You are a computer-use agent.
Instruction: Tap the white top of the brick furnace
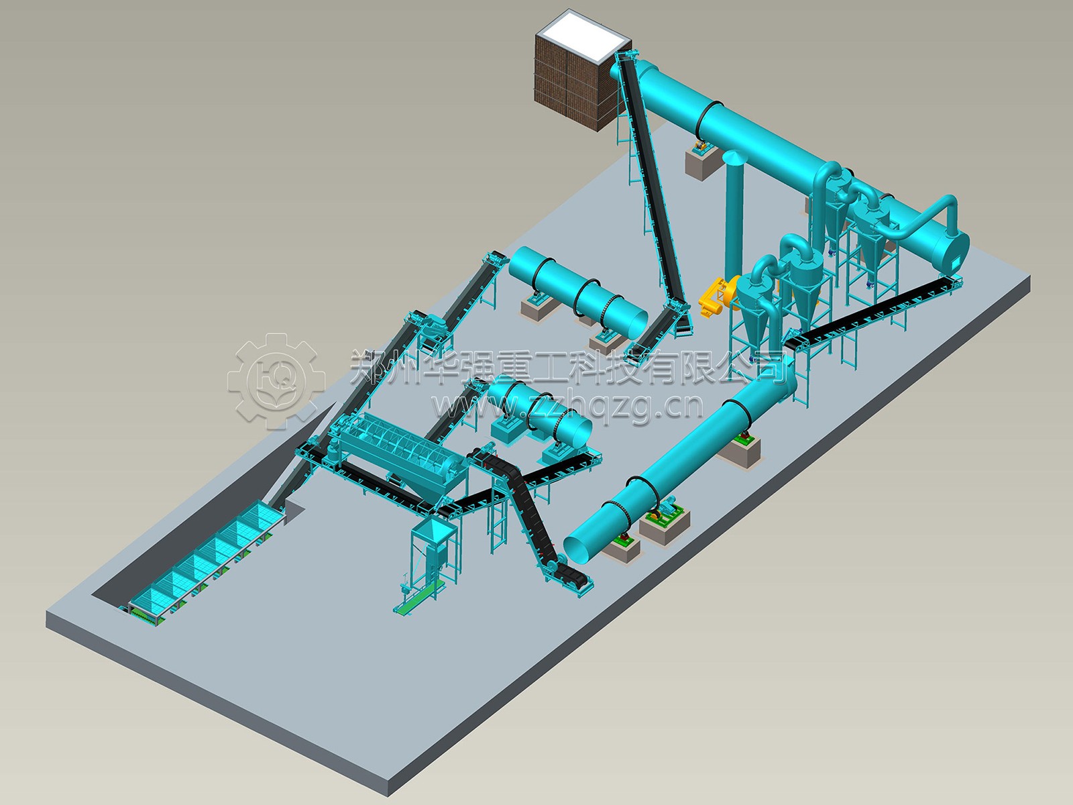point(581,37)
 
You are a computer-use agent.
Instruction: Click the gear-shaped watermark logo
point(276,381)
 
